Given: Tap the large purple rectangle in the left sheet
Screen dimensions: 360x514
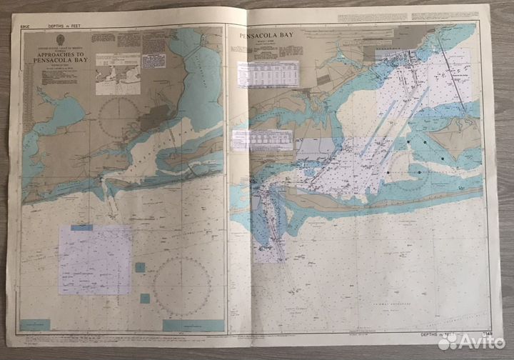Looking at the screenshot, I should [95, 260].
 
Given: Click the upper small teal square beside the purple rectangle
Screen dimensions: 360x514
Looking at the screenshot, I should [140, 267].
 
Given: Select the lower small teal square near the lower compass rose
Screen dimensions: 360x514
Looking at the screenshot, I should [145, 298].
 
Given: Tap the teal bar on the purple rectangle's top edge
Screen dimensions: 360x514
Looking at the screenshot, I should [81, 228].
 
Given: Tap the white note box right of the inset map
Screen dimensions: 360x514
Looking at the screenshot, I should [153, 61].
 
